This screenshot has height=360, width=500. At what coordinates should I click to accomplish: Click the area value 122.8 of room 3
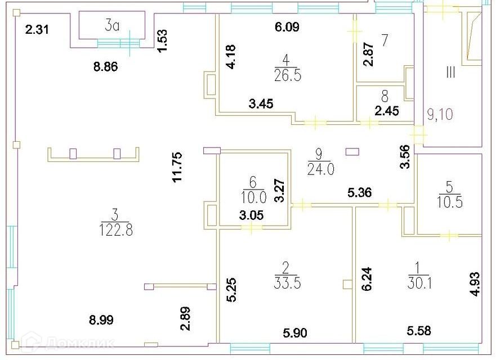tap(116, 229)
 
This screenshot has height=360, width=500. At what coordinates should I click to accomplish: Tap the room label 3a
tap(112, 26)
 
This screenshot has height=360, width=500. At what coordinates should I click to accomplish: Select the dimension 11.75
tap(177, 166)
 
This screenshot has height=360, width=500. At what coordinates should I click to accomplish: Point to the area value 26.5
tap(288, 76)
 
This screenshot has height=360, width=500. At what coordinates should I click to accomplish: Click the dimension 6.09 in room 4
tap(287, 27)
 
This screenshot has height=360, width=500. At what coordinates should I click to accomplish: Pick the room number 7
tap(385, 40)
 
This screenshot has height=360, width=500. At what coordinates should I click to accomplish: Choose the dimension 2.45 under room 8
tap(386, 111)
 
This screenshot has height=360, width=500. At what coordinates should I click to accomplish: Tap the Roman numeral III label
tap(450, 73)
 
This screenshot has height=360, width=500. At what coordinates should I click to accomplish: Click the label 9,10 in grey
tap(440, 114)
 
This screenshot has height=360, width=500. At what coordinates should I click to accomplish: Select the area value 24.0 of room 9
tap(321, 169)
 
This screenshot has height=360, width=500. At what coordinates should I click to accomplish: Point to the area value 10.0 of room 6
tap(253, 197)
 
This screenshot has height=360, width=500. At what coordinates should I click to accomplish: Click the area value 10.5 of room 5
tap(450, 202)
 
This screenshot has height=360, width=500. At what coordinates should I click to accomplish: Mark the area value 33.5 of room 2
tap(287, 282)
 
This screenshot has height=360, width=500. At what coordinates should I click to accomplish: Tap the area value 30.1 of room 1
tap(419, 282)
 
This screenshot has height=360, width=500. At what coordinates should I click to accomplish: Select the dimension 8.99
tap(101, 319)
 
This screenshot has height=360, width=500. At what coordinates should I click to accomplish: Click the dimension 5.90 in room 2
tap(295, 333)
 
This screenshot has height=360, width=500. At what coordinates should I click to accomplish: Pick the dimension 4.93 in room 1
tap(475, 284)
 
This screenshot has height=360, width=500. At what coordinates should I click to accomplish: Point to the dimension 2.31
tap(37, 30)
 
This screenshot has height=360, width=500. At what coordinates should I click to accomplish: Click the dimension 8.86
tap(105, 66)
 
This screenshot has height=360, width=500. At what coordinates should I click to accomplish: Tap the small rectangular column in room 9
tap(352, 152)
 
